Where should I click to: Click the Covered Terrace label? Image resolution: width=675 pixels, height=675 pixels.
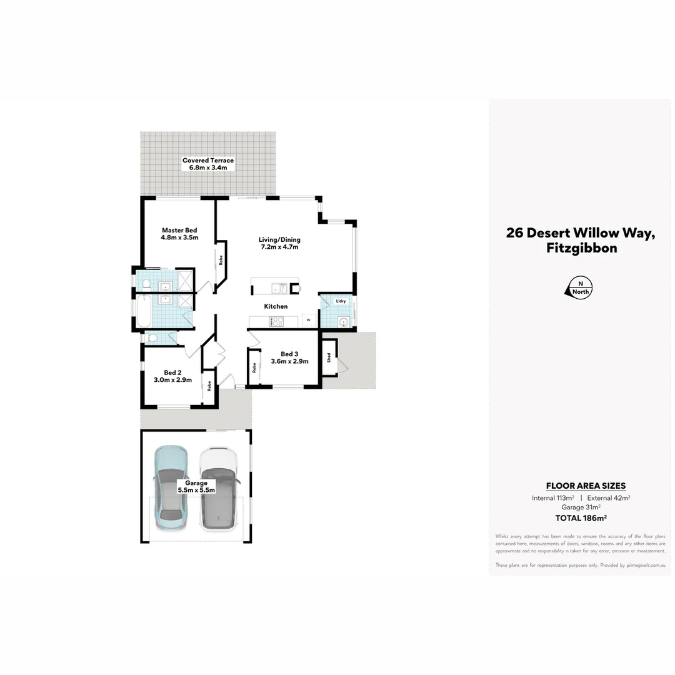pyautogui.click(x=208, y=161)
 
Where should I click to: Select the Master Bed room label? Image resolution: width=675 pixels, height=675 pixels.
pyautogui.click(x=179, y=230)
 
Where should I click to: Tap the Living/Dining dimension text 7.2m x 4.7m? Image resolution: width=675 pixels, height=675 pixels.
pyautogui.click(x=279, y=247)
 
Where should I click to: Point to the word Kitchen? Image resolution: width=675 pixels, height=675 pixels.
pyautogui.click(x=276, y=306)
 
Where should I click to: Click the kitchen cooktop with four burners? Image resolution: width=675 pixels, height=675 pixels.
pyautogui.click(x=276, y=321)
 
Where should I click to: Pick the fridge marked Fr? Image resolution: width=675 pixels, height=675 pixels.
pyautogui.click(x=308, y=321)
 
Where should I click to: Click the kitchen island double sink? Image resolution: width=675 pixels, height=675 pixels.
pyautogui.click(x=278, y=288)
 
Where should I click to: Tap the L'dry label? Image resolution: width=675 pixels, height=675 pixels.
pyautogui.click(x=341, y=301)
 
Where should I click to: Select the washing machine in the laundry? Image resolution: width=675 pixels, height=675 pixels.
pyautogui.click(x=342, y=322)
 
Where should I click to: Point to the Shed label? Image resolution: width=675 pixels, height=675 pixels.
pyautogui.click(x=329, y=358)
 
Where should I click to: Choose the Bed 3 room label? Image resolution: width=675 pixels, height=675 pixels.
pyautogui.click(x=289, y=353)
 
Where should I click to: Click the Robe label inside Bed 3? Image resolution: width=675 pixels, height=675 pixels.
pyautogui.click(x=254, y=367)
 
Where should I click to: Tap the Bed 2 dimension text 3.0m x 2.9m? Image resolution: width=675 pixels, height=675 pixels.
pyautogui.click(x=172, y=379)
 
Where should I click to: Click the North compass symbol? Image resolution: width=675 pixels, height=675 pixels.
pyautogui.click(x=578, y=287)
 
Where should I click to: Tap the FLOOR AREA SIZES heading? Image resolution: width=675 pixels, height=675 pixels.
pyautogui.click(x=586, y=486)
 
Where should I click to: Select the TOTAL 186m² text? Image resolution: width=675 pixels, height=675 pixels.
pyautogui.click(x=581, y=517)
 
